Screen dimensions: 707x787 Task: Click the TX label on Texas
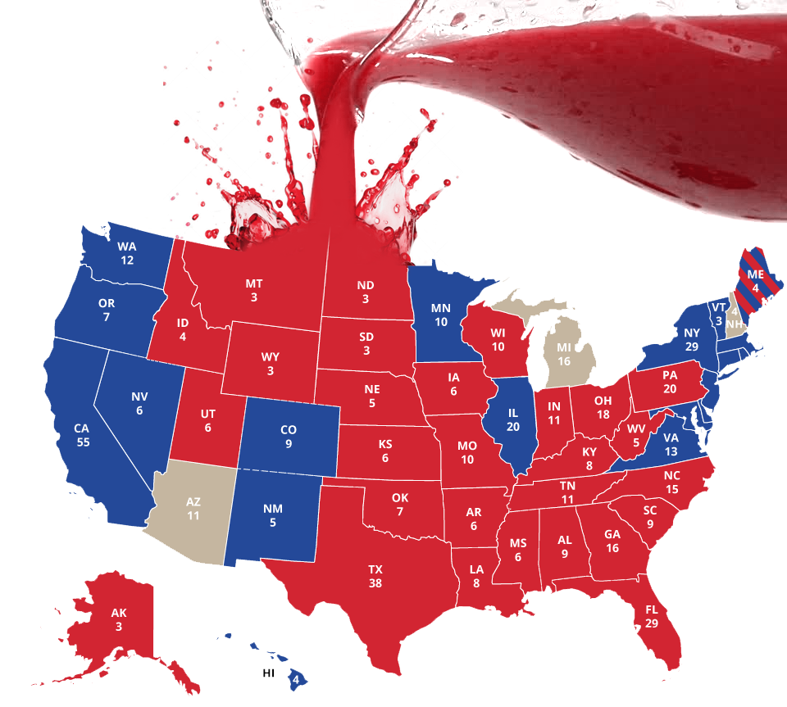tap(375, 569)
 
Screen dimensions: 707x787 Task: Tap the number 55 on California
tap(82, 442)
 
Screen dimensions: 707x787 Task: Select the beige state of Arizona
tap(193, 516)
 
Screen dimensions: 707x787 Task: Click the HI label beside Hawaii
tap(268, 673)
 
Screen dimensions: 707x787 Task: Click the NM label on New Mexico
tap(273, 509)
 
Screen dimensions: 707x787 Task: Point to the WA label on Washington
tap(126, 247)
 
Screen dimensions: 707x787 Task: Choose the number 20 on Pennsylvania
tap(670, 389)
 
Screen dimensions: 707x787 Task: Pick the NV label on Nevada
tap(139, 397)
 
